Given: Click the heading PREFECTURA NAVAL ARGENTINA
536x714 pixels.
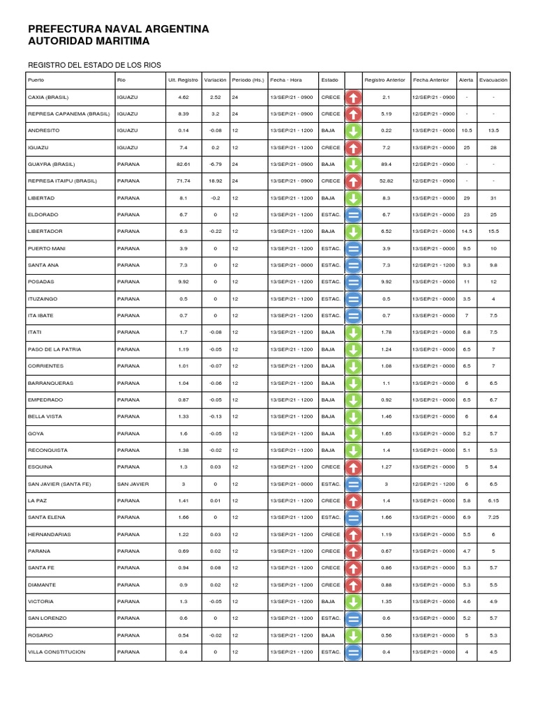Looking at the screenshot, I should pos(118,29).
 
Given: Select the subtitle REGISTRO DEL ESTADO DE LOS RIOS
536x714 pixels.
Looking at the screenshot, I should pos(94,65).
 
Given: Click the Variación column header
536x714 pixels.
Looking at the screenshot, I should pos(216,80).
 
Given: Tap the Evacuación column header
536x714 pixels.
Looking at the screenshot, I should pos(493,80).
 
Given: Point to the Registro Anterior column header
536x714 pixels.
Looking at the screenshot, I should pos(385,80).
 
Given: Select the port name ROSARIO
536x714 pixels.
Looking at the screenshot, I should pos(40,635).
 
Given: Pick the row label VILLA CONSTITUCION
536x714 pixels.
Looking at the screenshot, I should pos(57,652).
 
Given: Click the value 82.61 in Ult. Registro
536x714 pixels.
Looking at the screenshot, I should pos(184,165).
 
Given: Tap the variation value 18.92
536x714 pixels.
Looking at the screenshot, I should pos(216,181).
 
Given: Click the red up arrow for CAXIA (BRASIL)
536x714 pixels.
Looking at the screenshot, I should pos(353,97).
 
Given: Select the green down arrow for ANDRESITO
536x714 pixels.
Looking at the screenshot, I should pos(353,131).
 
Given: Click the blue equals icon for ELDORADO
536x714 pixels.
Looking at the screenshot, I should pos(353,215).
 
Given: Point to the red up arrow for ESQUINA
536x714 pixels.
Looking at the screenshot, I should pos(353,467).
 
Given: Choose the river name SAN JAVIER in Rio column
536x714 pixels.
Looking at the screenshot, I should pos(131,484).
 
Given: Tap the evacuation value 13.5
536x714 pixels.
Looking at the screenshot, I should pos(493,131).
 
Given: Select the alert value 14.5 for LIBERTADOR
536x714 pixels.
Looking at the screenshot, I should pos(467,231).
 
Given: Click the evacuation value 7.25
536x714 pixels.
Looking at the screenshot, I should pos(493,517).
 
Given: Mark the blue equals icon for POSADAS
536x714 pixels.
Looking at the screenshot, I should pos(353,282).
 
